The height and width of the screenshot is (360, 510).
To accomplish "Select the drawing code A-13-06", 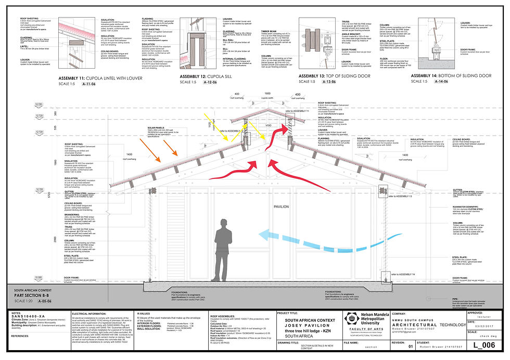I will [x=317, y=82].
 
